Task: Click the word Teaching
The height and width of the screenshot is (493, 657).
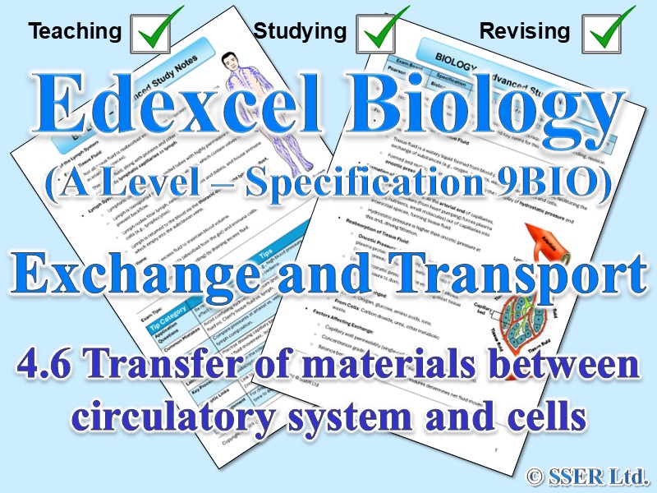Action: coord(75,32)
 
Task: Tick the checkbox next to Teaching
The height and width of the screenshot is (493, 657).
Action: coord(157,31)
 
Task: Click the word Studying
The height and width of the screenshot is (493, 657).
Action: coord(300,32)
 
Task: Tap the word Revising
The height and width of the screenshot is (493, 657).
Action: coord(524,32)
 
